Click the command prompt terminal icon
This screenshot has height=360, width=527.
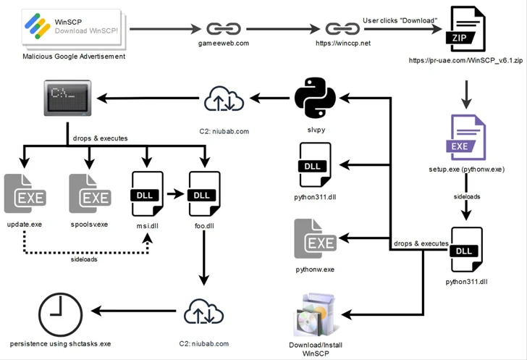coord(67,99)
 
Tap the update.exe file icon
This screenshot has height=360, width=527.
coord(25,193)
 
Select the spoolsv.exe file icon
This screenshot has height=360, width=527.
coord(89,193)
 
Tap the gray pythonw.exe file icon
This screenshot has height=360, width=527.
coord(314,238)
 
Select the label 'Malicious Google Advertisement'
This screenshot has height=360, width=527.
coord(74,56)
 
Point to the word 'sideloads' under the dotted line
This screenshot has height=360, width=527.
coord(85,259)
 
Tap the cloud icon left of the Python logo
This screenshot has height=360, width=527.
coord(224,99)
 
